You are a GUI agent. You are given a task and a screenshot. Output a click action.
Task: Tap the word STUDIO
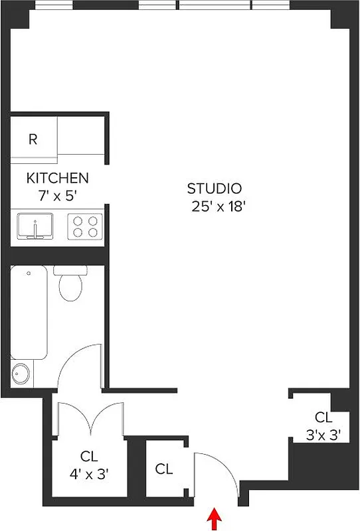(x=214, y=189)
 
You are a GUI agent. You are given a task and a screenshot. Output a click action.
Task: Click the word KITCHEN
(x=57, y=178)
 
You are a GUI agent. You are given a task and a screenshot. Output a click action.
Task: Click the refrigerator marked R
(x=33, y=139)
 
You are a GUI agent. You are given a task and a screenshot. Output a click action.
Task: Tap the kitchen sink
(x=35, y=226)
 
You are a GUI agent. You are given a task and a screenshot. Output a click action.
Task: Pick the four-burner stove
(x=85, y=226)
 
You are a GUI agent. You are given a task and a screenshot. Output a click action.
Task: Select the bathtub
(x=28, y=312)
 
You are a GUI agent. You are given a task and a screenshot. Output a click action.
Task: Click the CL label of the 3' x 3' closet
(x=323, y=417)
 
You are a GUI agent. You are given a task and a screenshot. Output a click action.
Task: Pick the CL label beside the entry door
(x=164, y=469)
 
